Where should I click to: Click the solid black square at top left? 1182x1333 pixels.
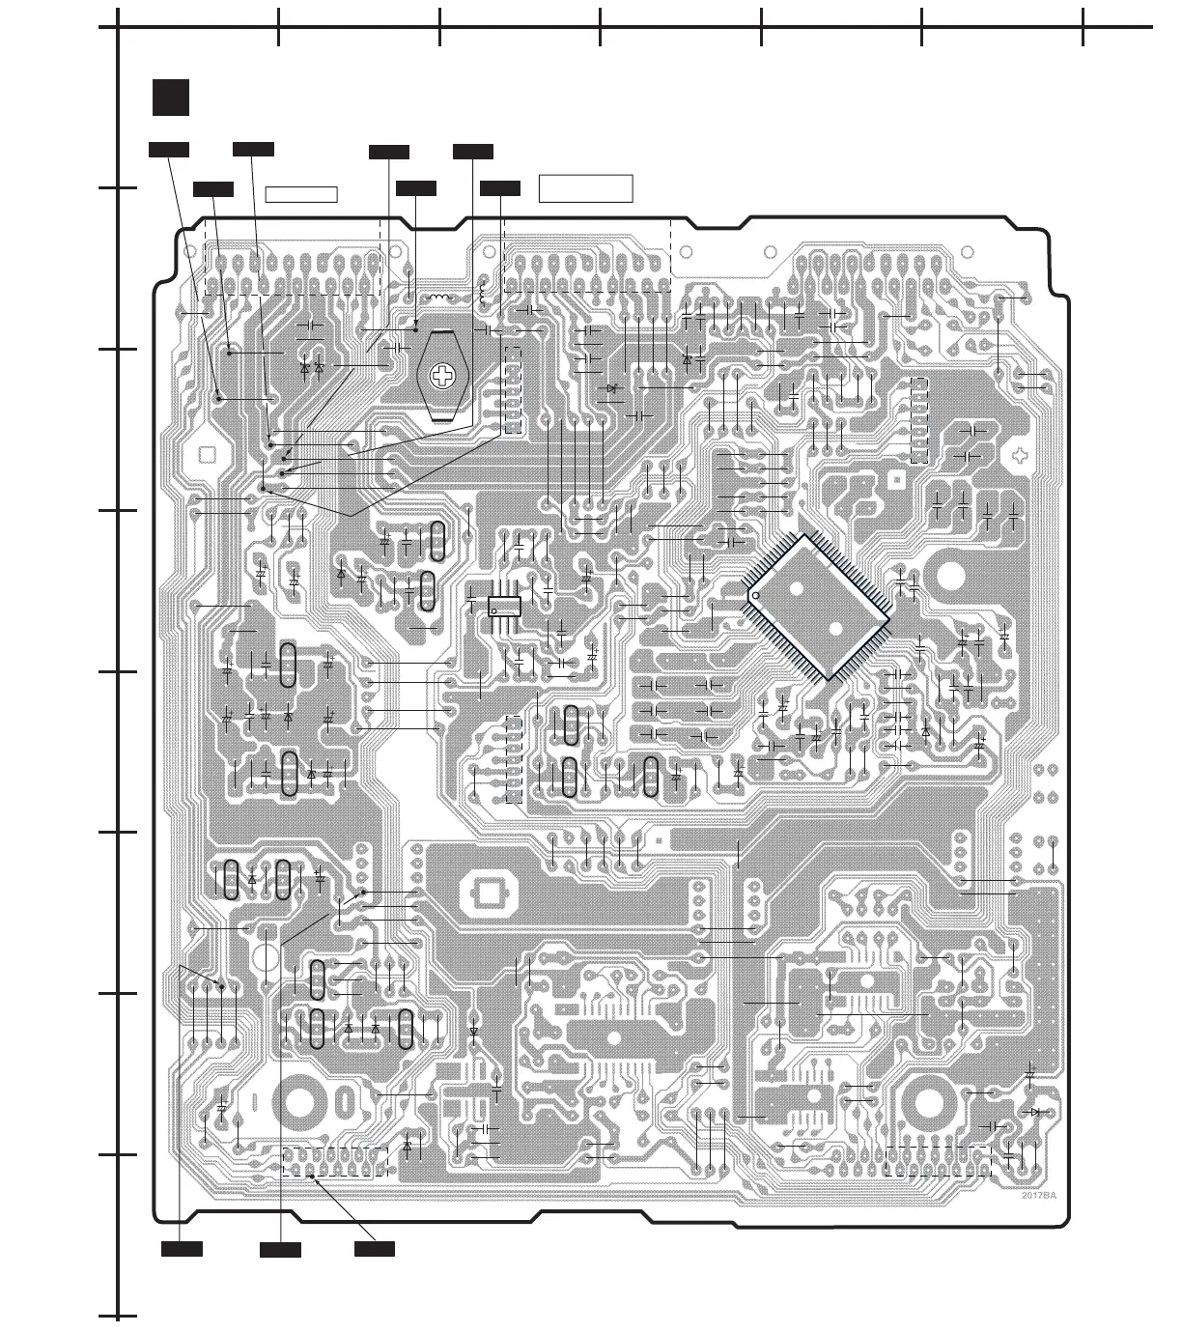pos(170,98)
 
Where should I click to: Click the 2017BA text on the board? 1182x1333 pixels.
pos(1039,1196)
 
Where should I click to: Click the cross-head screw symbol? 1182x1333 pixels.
pos(443,377)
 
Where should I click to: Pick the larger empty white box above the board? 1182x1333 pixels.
pos(585,189)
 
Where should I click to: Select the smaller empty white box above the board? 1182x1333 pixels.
pos(301,194)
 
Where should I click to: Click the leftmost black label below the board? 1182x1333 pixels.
pos(182,1249)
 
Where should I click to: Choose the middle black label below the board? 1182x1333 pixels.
pos(280,1250)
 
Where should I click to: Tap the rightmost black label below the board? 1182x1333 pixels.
pos(374,1249)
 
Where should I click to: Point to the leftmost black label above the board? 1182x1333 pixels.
pos(168,149)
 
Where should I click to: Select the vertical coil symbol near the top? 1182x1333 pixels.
pos(483,287)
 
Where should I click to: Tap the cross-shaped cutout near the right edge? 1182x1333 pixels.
pos(1020,455)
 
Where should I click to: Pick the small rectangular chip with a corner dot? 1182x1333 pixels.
pos(504,606)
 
